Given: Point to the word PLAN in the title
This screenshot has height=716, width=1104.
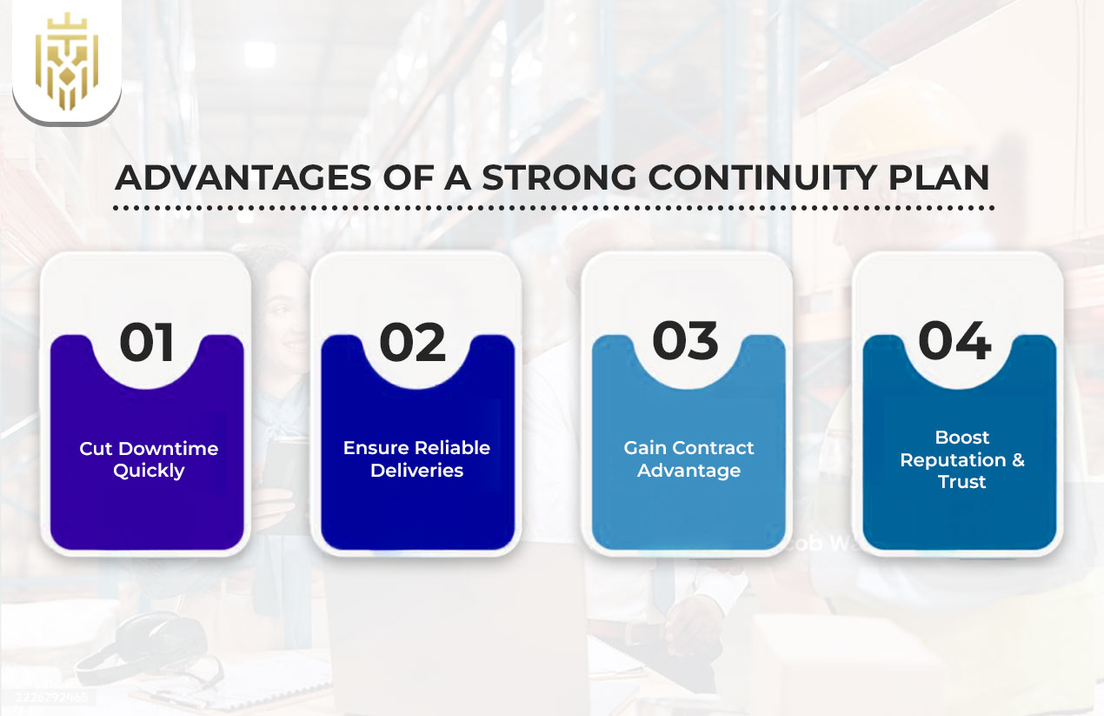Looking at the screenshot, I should pos(947,177).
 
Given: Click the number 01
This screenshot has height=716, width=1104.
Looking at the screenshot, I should pos(147,342).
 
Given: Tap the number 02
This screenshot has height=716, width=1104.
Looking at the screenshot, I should pos(413,342).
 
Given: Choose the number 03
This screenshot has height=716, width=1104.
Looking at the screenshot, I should pos(685,340).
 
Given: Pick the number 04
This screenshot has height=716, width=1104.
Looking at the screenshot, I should pos(954,340).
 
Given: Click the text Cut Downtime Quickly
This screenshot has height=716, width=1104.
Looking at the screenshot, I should pos(149,459).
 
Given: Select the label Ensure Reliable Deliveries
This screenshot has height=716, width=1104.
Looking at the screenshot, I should pos(416,458).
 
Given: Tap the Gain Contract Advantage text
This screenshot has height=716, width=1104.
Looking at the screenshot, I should pos(688,458).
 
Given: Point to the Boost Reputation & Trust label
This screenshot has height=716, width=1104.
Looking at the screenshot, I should pos(962,459).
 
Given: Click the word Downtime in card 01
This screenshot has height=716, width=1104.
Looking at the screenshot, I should pos(168,449).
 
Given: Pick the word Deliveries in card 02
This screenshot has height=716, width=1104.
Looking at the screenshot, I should pos(416,471).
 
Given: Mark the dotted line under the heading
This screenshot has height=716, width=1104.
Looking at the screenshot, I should pos(553,209).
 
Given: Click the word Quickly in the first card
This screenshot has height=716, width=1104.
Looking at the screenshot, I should pos(149,471).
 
